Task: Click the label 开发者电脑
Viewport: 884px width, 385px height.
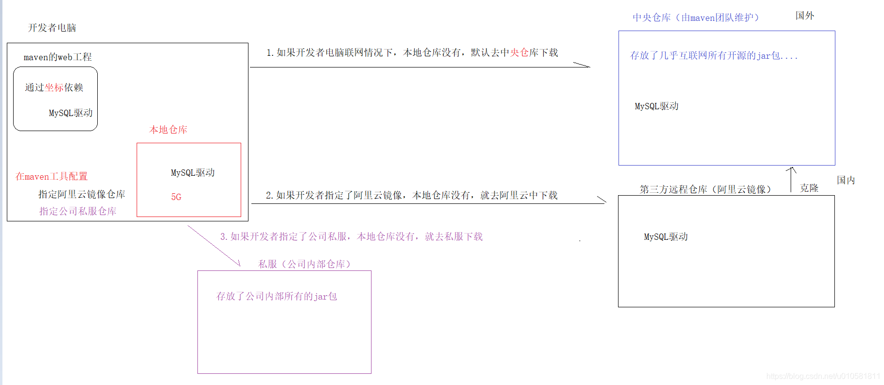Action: [52, 28]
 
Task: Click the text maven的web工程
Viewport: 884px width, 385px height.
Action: [57, 57]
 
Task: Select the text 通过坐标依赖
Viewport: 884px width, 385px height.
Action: [54, 87]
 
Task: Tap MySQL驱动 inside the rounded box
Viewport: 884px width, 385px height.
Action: [71, 113]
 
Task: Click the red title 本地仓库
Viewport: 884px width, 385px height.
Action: [168, 130]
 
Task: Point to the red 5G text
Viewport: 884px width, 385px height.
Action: [176, 197]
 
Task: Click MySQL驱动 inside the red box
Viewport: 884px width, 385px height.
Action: [193, 172]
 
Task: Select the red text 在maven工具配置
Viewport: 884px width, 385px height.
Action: [52, 176]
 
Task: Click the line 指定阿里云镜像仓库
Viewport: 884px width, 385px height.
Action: [82, 194]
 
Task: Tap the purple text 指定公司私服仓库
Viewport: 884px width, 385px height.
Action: [78, 211]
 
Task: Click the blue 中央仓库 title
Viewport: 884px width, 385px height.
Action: [696, 17]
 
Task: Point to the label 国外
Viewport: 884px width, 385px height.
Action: [805, 16]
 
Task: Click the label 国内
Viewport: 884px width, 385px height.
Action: [846, 180]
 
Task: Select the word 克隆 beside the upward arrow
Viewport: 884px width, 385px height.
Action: [809, 188]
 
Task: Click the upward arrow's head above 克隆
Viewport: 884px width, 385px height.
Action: [791, 169]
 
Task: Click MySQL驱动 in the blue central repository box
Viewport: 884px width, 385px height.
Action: [656, 106]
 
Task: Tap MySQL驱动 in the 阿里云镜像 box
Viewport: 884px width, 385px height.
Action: [666, 236]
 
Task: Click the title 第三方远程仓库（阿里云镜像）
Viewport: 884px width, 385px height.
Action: [705, 189]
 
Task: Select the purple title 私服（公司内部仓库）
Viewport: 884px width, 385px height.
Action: [304, 264]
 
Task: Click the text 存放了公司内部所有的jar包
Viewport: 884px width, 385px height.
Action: [276, 296]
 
